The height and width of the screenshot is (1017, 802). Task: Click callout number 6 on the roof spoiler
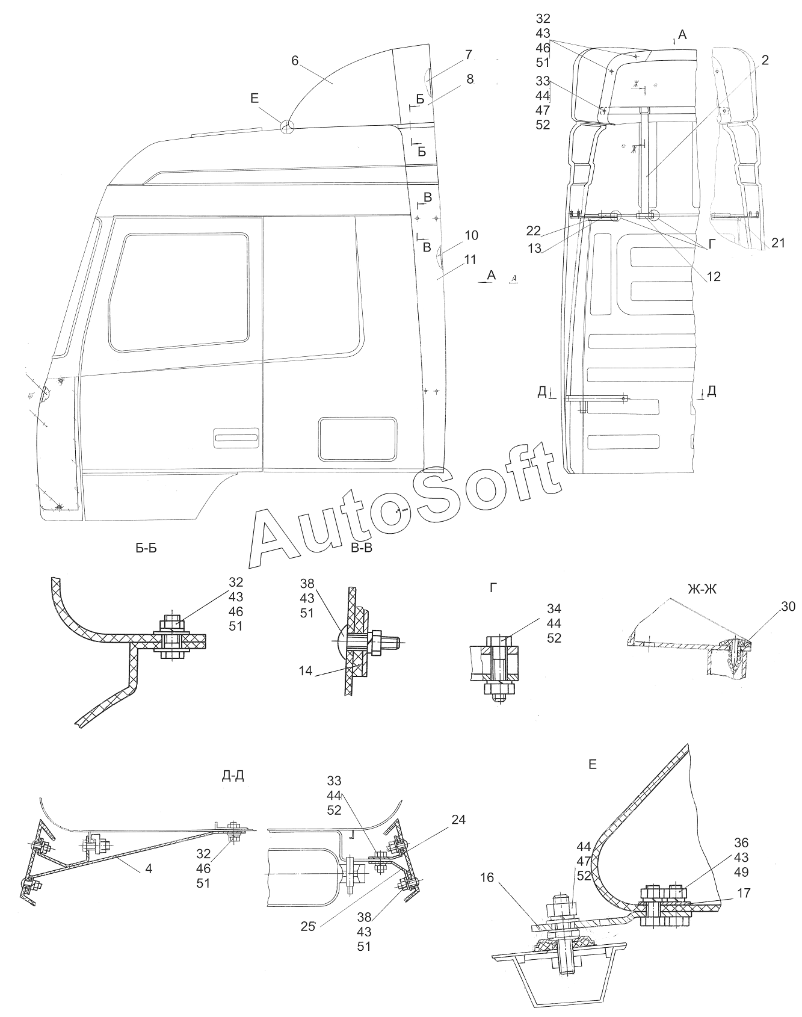(x=294, y=60)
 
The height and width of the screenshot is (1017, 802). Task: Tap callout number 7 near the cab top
(x=468, y=55)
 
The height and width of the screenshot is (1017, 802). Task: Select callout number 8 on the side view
(x=469, y=79)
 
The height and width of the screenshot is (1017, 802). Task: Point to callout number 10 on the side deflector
(x=471, y=235)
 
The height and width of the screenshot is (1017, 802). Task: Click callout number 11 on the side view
(x=470, y=260)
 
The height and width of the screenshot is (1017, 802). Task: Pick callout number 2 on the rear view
(x=765, y=60)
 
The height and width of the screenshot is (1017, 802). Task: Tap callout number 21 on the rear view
(x=778, y=243)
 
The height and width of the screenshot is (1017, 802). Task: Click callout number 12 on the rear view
(x=713, y=277)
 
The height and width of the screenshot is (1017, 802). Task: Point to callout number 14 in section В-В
(x=306, y=670)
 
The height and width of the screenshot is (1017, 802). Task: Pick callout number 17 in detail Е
(x=744, y=892)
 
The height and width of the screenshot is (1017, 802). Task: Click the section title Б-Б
(x=146, y=548)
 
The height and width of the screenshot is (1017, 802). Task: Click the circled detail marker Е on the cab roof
(x=288, y=126)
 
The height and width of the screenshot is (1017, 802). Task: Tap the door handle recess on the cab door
(x=236, y=438)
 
